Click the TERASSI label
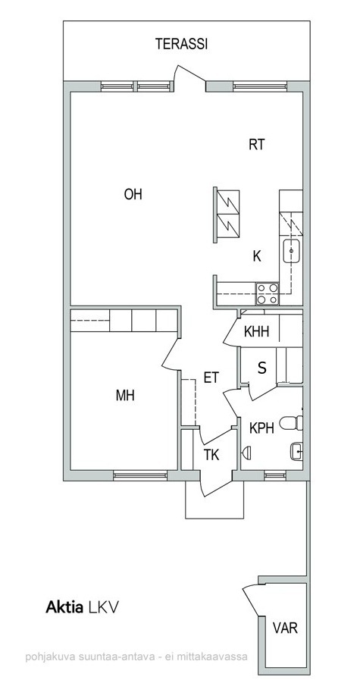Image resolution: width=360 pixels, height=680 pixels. [182, 44]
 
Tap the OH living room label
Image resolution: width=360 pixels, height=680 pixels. [133, 194]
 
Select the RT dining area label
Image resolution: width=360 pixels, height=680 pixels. [256, 144]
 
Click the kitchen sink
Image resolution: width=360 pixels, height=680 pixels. [292, 251]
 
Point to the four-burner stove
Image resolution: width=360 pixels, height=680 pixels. [268, 293]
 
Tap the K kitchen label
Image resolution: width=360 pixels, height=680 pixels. [257, 256]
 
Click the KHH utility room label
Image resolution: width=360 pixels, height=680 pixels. [256, 332]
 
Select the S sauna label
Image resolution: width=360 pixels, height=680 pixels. [262, 368]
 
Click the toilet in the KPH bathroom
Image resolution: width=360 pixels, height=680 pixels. [291, 422]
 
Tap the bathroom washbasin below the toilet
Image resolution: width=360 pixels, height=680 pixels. [296, 451]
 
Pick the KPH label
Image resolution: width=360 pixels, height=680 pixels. [261, 428]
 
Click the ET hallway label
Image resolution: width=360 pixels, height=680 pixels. [211, 378]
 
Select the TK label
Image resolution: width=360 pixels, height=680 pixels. [211, 456]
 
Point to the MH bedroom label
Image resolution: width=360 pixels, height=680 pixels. [125, 396]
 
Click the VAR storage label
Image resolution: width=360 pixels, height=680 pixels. [285, 627]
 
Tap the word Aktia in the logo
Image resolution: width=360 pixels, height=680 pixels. [64, 607]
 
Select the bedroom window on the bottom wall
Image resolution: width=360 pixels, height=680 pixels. [140, 476]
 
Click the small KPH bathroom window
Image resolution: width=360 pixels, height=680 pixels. [275, 476]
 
